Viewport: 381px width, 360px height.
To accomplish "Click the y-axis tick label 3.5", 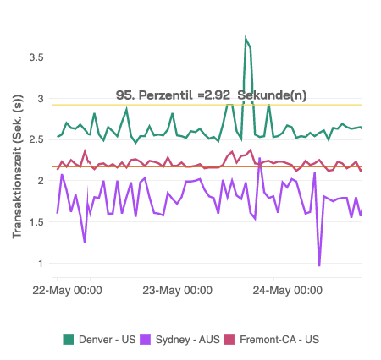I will click(x=35, y=57).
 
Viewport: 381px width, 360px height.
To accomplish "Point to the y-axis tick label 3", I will click(x=39, y=99).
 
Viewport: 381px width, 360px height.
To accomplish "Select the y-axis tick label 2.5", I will click(x=35, y=139).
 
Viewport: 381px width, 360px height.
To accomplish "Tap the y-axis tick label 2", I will click(x=39, y=181).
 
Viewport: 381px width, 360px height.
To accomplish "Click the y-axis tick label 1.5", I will click(x=35, y=221).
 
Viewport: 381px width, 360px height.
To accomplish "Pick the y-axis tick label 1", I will click(x=40, y=263).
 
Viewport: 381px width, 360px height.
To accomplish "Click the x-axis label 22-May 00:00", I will click(x=67, y=291).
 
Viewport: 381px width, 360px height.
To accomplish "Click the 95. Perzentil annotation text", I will click(x=161, y=95).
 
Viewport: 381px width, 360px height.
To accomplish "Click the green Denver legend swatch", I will click(x=69, y=339).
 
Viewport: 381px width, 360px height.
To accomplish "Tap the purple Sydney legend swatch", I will click(x=147, y=339).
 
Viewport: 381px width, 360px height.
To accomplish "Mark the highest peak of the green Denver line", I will click(x=246, y=39).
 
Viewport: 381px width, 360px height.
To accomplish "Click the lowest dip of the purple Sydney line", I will click(x=319, y=265).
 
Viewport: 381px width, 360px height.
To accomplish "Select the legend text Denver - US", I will click(x=108, y=339).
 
